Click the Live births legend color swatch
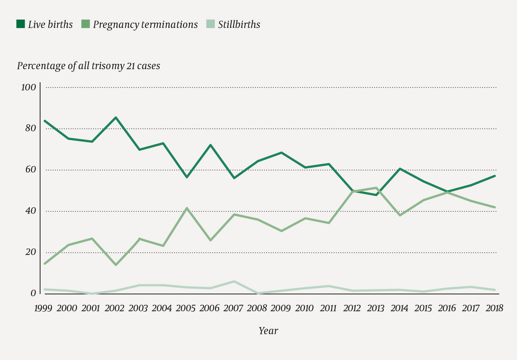[20, 24]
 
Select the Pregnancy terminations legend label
[145, 24]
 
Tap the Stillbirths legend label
[239, 24]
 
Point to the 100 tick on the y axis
[29, 87]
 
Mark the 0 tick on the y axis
[33, 293]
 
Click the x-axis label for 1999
[43, 308]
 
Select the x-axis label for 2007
[233, 308]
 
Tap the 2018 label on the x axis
[494, 308]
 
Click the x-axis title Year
[268, 331]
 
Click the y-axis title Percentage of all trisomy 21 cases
[89, 66]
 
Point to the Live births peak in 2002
[116, 117]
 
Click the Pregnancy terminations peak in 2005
[187, 208]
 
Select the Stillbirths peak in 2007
[234, 281]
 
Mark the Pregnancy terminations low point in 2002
[116, 265]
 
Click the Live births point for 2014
[400, 169]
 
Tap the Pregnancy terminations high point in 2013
[376, 188]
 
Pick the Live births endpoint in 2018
[495, 176]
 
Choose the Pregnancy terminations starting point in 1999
[44, 264]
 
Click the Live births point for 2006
[210, 145]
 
